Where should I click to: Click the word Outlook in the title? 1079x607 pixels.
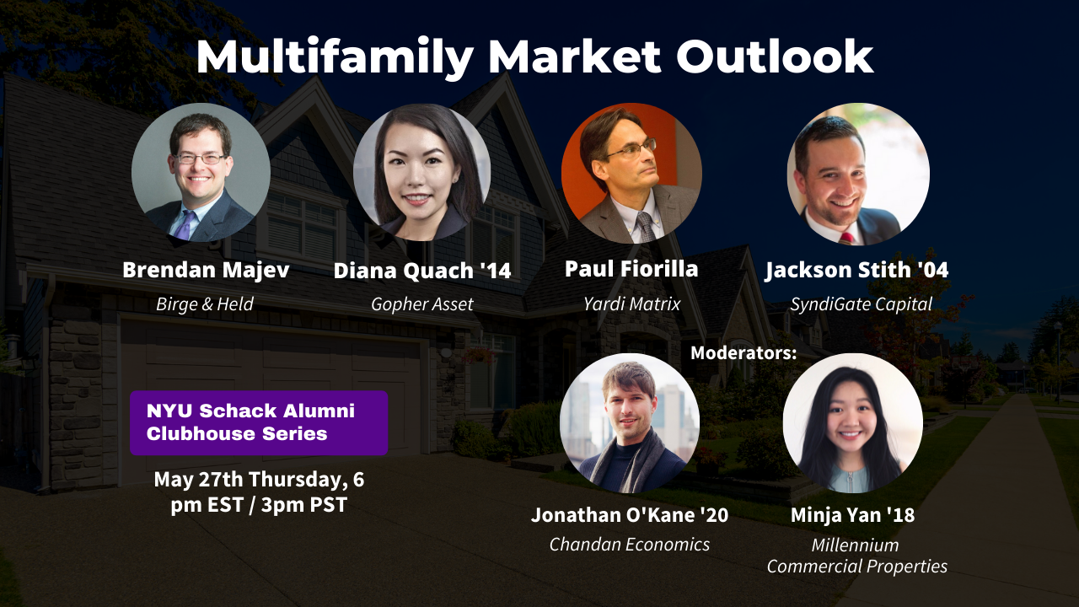coord(774,57)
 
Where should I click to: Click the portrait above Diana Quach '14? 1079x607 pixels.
coord(421,173)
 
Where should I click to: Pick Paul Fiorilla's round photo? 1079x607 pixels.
coord(631,173)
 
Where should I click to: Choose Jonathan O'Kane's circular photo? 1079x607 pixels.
coord(630,423)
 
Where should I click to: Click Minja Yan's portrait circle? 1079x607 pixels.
coord(852,423)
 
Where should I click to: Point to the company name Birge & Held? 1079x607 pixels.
coord(205,304)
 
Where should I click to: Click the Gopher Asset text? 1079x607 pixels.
coord(422,304)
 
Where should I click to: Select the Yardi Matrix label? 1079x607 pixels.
coord(631,303)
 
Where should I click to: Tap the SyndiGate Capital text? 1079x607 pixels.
coord(861,304)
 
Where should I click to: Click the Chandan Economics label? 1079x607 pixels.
coord(630,545)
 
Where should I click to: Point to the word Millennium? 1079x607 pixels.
coord(855,545)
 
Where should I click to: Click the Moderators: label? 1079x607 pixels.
coord(743,353)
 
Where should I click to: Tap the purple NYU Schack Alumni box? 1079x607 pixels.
coord(259,422)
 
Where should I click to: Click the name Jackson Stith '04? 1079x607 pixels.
coord(856,271)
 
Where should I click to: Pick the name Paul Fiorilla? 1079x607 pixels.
coord(631,269)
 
